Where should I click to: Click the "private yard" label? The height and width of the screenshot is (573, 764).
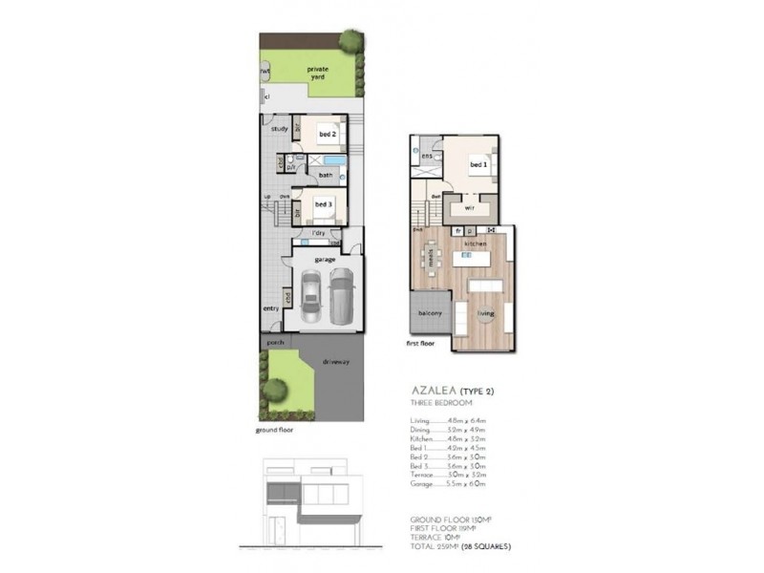point(316,74)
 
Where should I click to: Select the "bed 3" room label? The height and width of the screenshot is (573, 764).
point(323,203)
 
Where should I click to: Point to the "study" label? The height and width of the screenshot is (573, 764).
point(279,128)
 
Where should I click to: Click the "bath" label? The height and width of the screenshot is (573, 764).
point(326,175)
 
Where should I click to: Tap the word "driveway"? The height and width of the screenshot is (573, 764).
point(336,362)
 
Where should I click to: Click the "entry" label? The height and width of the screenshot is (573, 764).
point(271,308)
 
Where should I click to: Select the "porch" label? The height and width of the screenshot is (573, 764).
point(275,342)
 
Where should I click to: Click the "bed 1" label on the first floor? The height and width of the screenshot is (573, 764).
point(478,164)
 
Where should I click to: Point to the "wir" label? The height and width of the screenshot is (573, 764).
point(470,207)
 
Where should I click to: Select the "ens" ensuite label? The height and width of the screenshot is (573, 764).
point(426,156)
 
